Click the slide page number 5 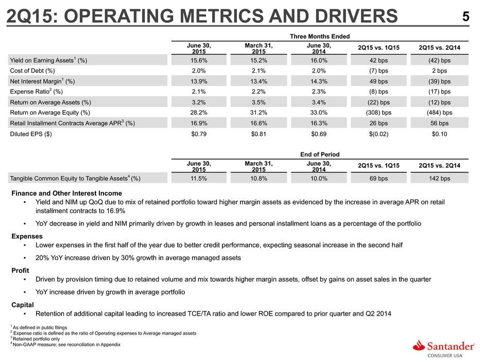465,16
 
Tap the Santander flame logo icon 419,345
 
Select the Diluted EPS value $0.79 199,134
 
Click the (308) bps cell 378,113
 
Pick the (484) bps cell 439,113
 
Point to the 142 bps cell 439,179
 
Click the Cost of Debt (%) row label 32,71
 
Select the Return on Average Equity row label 50,113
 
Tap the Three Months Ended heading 320,37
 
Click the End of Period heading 320,154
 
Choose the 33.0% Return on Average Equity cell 319,113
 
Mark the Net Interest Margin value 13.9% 199,81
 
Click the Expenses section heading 27,236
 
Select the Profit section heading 20,270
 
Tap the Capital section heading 23,305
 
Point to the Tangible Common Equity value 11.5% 199,179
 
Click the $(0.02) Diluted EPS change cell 378,134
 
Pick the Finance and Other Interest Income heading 66,193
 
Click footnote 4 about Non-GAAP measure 65,344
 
